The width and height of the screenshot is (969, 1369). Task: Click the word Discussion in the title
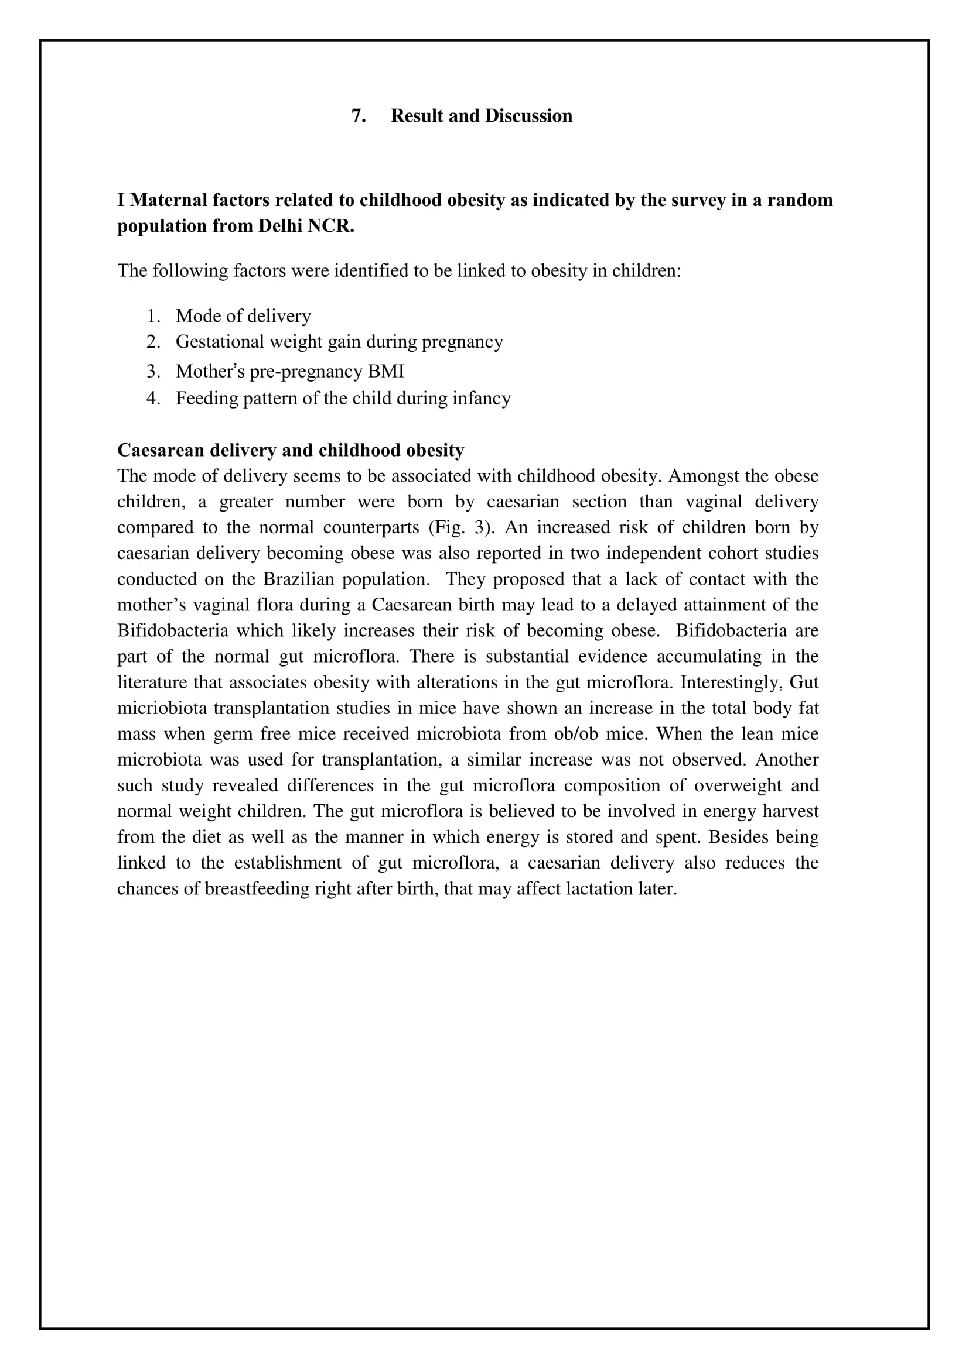pyautogui.click(x=528, y=116)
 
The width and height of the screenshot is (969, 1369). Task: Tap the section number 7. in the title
pyautogui.click(x=359, y=116)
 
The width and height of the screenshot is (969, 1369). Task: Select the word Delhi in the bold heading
pyautogui.click(x=281, y=226)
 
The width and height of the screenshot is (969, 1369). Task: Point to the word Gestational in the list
pyautogui.click(x=219, y=342)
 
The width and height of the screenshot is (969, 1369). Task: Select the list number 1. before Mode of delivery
pyautogui.click(x=153, y=316)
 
